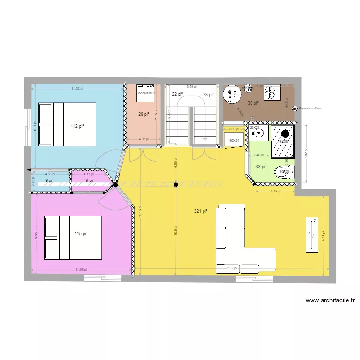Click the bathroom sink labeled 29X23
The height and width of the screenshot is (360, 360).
click(x=258, y=131)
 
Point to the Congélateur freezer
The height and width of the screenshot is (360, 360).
click(x=145, y=94)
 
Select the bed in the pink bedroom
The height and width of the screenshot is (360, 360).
click(x=73, y=237)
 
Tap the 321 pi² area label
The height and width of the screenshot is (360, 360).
click(x=201, y=211)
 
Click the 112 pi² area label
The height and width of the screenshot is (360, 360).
click(x=77, y=126)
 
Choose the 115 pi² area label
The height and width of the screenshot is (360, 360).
click(x=81, y=234)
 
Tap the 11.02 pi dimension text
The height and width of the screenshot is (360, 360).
click(x=77, y=89)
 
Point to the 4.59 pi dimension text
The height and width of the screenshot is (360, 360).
click(x=276, y=192)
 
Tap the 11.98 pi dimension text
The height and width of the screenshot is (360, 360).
click(x=81, y=269)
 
